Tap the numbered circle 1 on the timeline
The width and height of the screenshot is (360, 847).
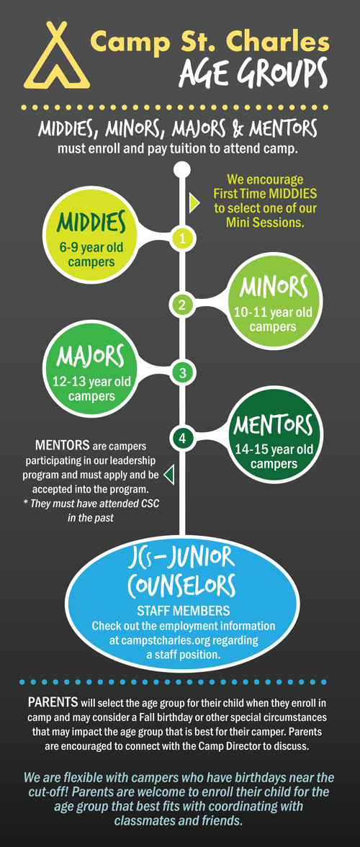182,239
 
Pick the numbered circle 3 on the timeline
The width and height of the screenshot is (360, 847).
182,372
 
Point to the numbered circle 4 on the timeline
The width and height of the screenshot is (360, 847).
182,439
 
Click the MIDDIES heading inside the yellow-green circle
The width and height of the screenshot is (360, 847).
91,221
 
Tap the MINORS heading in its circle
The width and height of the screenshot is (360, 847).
274,287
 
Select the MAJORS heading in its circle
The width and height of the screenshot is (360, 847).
91,357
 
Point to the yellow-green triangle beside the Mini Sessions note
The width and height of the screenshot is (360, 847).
194,203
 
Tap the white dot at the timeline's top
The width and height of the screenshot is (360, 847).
182,169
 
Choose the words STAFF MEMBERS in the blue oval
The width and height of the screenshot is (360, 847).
183,611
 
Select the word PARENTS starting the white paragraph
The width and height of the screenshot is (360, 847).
53,704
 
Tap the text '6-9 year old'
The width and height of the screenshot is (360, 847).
91,249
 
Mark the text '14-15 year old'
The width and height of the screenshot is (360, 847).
274,449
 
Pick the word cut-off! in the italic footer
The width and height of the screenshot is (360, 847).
48,793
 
